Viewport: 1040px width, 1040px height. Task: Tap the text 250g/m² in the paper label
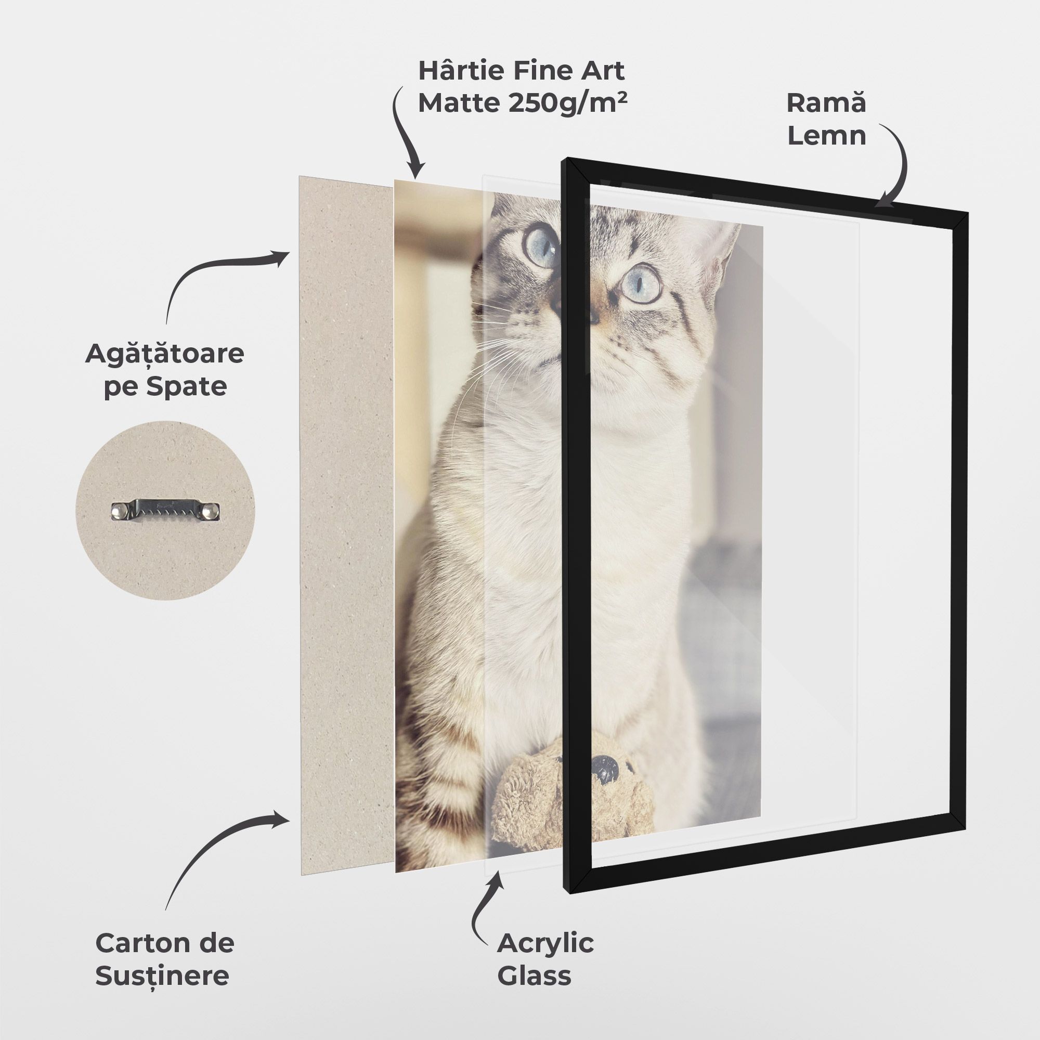click(x=568, y=102)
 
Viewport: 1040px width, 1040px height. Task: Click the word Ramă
click(x=826, y=103)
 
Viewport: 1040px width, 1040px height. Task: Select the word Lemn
click(x=827, y=135)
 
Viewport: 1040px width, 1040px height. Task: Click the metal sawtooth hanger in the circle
click(x=166, y=509)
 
